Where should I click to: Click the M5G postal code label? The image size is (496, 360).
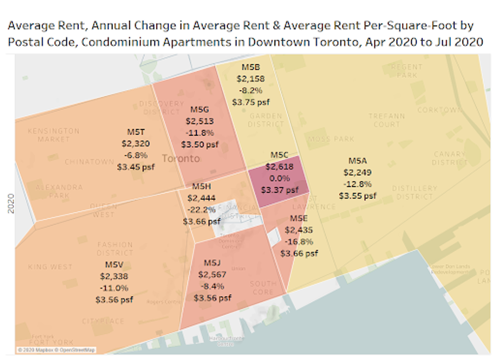pos(199,109)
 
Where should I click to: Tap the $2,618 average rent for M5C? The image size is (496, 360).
pos(278,167)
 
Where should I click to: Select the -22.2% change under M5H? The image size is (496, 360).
pos(201,209)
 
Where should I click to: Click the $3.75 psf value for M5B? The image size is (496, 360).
pos(251,102)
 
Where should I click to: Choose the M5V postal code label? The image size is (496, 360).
pos(114,264)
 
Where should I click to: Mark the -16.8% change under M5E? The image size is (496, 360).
pos(300,241)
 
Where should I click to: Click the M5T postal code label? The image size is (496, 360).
pos(136,131)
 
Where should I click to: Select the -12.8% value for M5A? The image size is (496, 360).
pos(357,184)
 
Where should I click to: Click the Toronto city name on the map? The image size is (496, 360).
pos(180,159)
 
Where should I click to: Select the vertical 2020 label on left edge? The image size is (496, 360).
pos(10,202)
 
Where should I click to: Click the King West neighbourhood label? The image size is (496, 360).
pos(50,266)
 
